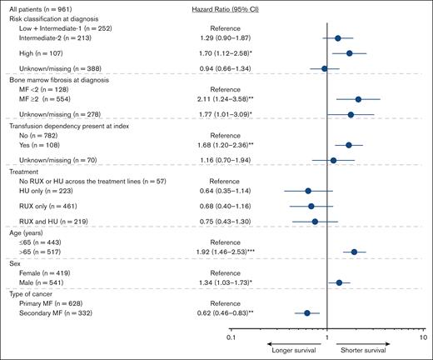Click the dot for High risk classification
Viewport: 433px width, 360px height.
pos(350,52)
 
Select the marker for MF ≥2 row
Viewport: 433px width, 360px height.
pos(359,99)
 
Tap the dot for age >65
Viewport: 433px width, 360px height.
pos(355,251)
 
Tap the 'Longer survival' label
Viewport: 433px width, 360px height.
pos(295,350)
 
